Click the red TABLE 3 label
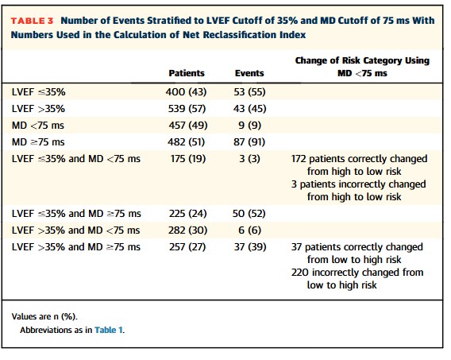[33, 21]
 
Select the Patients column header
[187, 73]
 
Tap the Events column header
[249, 73]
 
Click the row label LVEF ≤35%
[39, 92]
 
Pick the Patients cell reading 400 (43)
[186, 92]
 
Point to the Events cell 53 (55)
[249, 92]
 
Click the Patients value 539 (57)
[187, 109]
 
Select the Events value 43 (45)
[249, 109]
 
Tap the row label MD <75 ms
[38, 126]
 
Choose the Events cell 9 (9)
[249, 126]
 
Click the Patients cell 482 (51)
[187, 142]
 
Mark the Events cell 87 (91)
[249, 142]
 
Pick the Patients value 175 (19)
[188, 159]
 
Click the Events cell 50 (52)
[249, 214]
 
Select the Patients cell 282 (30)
[188, 230]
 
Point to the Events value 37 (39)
[250, 247]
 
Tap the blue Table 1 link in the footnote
[109, 330]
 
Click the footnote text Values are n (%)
[44, 316]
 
